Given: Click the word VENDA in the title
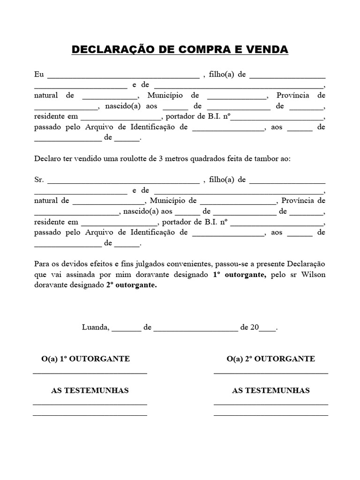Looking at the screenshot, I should coord(265,50).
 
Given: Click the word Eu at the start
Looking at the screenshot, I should coord(39,75).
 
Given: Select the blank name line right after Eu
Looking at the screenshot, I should coord(123,76).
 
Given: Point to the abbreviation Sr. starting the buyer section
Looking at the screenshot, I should coord(39,180).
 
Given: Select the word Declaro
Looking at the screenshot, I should coord(48,158).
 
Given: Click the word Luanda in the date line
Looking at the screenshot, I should coord(96,328).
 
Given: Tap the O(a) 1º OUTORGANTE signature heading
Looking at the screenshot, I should coord(86,359).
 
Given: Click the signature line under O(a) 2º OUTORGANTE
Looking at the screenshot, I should coord(270,373).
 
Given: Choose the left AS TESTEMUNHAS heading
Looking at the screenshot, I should coord(90,390).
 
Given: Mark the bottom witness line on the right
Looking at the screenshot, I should coord(270,415).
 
